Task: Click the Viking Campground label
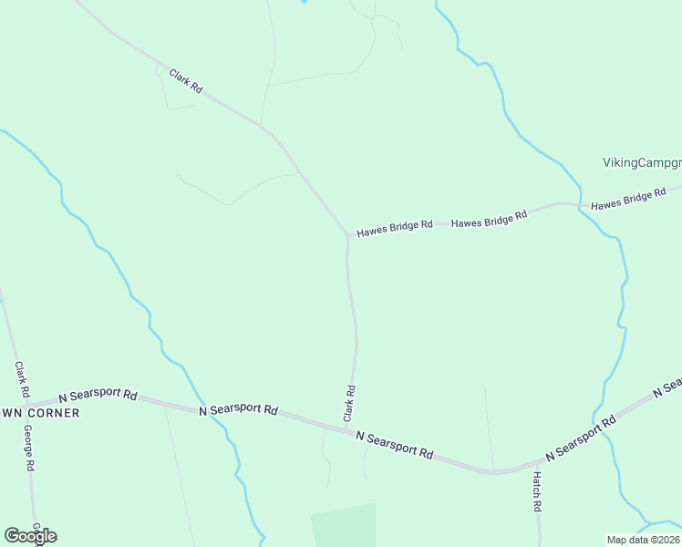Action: pyautogui.click(x=642, y=162)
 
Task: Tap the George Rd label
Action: pyautogui.click(x=29, y=449)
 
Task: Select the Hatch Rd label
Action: pyautogui.click(x=538, y=492)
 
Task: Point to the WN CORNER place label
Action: pyautogui.click(x=40, y=413)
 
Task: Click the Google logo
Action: pyautogui.click(x=30, y=536)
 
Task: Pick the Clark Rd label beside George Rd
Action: pyautogui.click(x=21, y=382)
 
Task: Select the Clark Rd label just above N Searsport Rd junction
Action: pyautogui.click(x=349, y=402)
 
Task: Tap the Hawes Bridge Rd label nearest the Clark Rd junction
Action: pyautogui.click(x=394, y=228)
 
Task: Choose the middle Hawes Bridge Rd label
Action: pyautogui.click(x=490, y=219)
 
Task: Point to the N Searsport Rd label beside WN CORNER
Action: pyautogui.click(x=98, y=397)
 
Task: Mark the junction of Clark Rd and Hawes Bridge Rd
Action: pyautogui.click(x=347, y=235)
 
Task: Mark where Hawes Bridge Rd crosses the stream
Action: pyautogui.click(x=580, y=205)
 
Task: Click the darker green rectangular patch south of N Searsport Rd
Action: pyautogui.click(x=345, y=525)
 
